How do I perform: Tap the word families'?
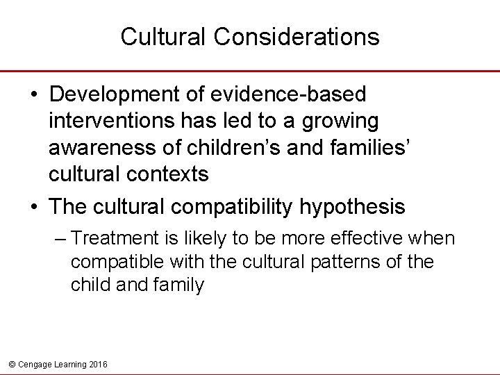[x=381, y=147]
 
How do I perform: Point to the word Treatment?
[x=117, y=239]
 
